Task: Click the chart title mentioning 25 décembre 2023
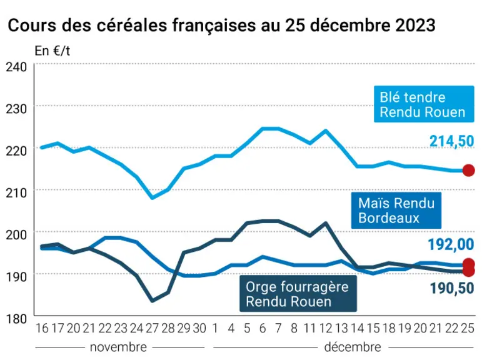click(221, 25)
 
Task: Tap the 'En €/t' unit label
click(53, 51)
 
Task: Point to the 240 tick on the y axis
click(16, 67)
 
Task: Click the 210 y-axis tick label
click(16, 193)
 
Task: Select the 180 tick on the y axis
click(16, 319)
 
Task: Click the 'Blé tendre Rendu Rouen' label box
click(424, 104)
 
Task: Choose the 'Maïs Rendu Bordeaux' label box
click(396, 211)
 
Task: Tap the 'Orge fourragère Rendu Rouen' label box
click(298, 294)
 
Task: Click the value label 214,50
click(451, 141)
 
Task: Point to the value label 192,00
click(451, 245)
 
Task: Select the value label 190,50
click(452, 288)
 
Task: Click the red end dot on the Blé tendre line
click(468, 171)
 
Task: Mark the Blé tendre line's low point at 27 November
click(153, 197)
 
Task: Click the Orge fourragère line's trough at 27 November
click(153, 301)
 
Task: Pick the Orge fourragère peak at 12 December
click(326, 222)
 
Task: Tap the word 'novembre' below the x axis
click(118, 347)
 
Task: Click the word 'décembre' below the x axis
click(353, 347)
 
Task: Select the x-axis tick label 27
click(152, 329)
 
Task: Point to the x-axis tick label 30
click(199, 329)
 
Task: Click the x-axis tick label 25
click(468, 329)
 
